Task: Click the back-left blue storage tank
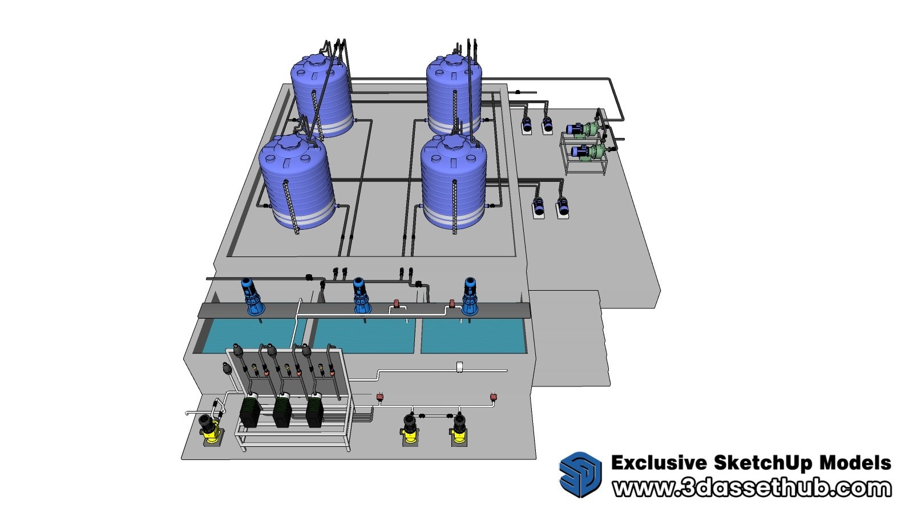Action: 321,96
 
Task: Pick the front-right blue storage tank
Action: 454,182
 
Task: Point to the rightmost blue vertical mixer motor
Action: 470,296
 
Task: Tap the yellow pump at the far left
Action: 210,429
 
